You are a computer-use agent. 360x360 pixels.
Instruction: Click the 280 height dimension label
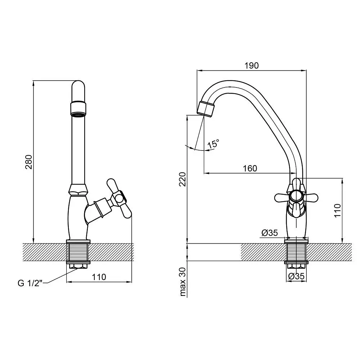pyautogui.click(x=29, y=162)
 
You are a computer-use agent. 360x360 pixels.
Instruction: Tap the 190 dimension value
pyautogui.click(x=251, y=66)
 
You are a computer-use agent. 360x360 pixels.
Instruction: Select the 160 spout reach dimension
pyautogui.click(x=250, y=168)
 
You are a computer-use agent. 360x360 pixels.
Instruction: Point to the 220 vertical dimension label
pyautogui.click(x=183, y=179)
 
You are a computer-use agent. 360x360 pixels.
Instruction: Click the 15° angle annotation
pyautogui.click(x=213, y=144)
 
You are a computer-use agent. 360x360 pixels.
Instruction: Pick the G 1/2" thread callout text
pyautogui.click(x=30, y=283)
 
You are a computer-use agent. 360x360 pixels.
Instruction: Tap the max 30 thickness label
pyautogui.click(x=183, y=282)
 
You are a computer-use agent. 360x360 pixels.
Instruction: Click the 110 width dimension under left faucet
pyautogui.click(x=99, y=277)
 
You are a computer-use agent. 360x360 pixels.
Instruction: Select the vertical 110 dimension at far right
pyautogui.click(x=337, y=211)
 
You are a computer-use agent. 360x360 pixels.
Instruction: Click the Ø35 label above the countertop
pyautogui.click(x=270, y=233)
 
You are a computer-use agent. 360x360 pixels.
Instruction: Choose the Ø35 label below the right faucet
pyautogui.click(x=296, y=276)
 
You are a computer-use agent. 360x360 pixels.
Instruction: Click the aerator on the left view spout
pyautogui.click(x=78, y=109)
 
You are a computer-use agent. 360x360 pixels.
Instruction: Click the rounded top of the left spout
pyautogui.click(x=78, y=85)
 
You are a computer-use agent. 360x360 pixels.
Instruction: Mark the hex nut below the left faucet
pyautogui.click(x=78, y=266)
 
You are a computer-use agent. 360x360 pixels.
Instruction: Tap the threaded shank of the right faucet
pyautogui.click(x=296, y=252)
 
